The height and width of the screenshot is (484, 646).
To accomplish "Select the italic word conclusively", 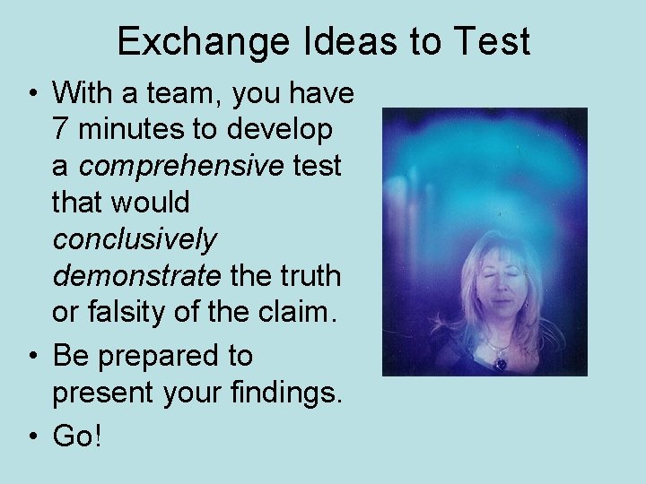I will tap(135, 240).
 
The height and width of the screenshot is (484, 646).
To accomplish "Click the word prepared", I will tap(169, 355).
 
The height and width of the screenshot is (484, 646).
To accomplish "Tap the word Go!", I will tap(78, 436).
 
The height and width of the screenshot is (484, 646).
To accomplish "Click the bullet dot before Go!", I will tap(31, 437).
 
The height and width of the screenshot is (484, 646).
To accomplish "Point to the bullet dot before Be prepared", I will tap(31, 356).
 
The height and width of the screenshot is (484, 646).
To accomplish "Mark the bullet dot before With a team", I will tap(31, 92).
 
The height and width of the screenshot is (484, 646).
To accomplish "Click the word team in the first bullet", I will tap(195, 92).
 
